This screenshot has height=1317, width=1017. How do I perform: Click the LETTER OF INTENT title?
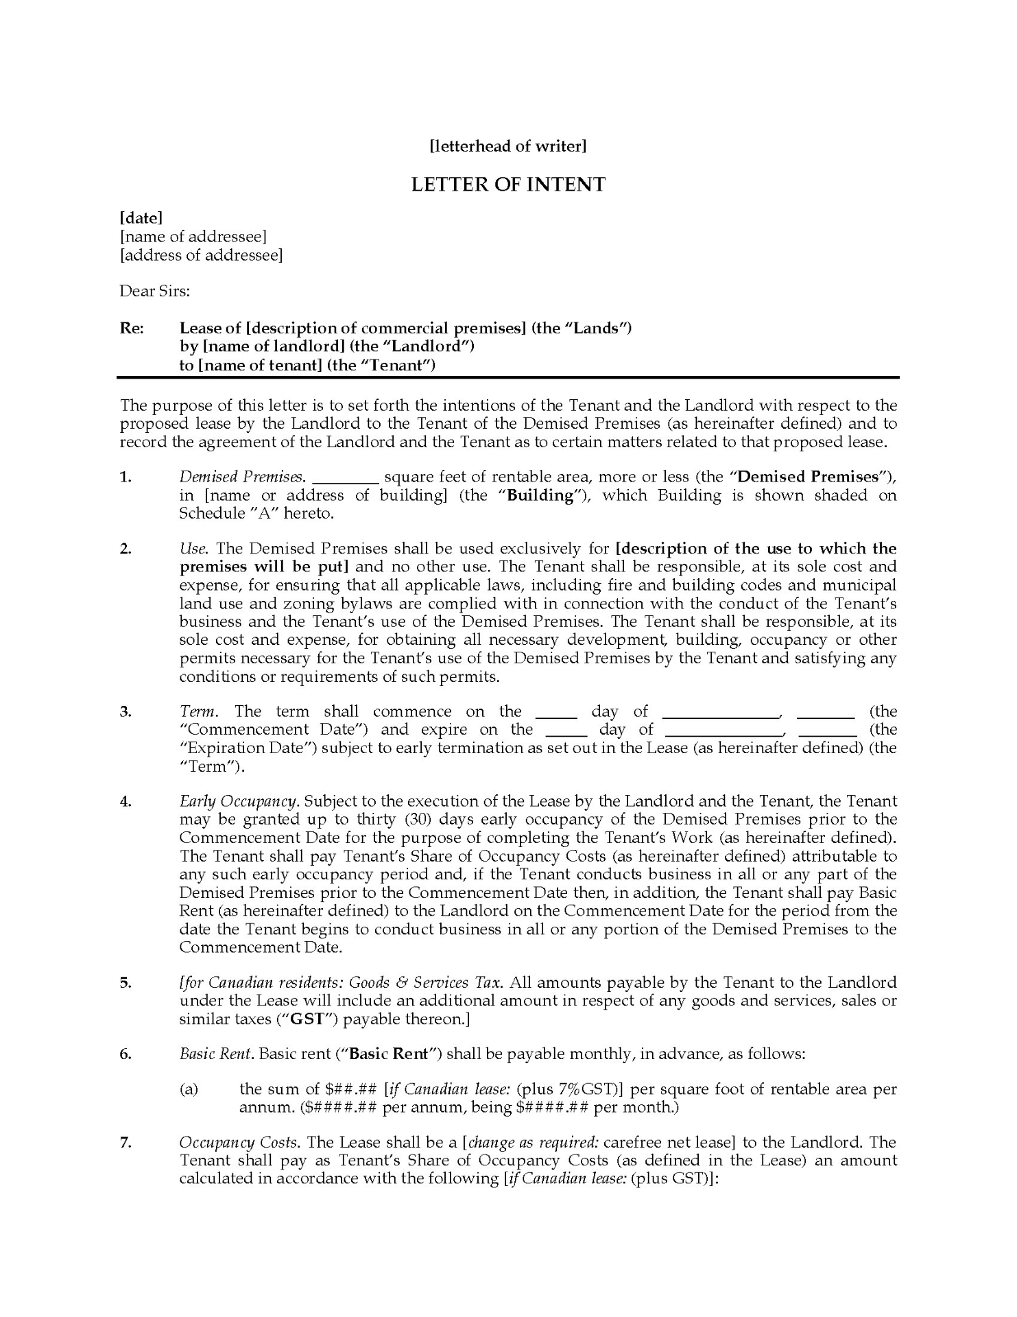(x=508, y=185)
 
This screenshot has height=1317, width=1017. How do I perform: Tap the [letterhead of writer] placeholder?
(x=508, y=146)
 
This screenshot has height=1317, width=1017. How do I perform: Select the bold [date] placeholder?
(x=141, y=218)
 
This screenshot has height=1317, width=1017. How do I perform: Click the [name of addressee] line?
(x=193, y=237)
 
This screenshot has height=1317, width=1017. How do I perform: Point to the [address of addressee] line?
(x=201, y=255)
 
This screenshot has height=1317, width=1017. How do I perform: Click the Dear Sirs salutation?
(x=155, y=291)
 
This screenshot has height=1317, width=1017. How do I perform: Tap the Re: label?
(x=132, y=328)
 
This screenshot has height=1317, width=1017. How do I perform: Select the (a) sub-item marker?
(x=189, y=1089)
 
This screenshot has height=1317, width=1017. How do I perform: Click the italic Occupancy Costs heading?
(x=239, y=1143)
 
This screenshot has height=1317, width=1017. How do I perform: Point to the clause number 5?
(x=126, y=982)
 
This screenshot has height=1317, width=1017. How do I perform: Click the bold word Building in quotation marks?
(x=540, y=495)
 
